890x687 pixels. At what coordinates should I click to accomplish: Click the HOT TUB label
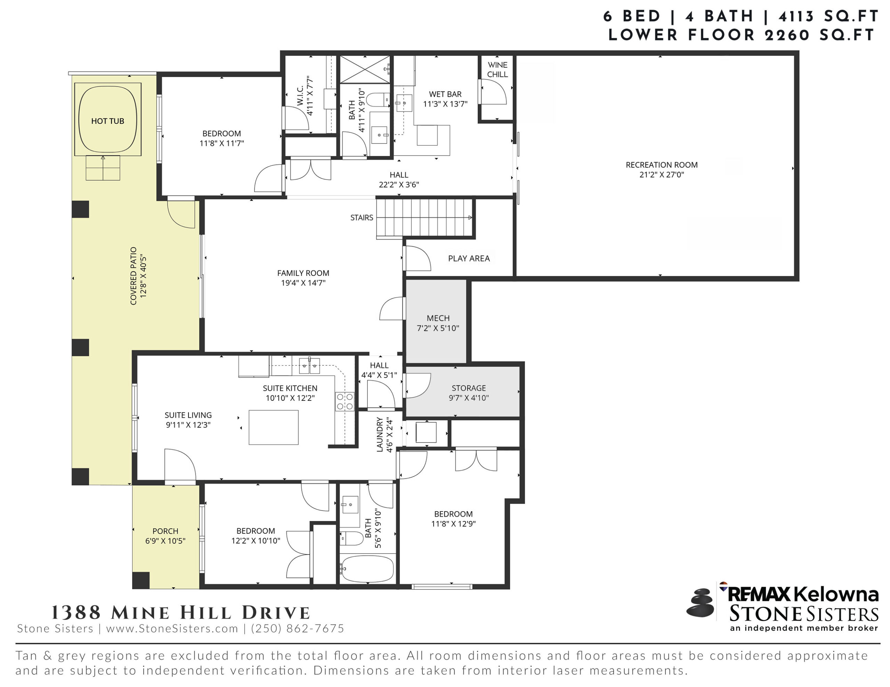click(x=107, y=121)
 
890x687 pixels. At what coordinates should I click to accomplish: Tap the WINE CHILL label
click(x=497, y=69)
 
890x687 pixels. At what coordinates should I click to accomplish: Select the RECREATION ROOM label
click(x=661, y=165)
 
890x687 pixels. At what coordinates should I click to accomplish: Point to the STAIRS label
click(x=362, y=218)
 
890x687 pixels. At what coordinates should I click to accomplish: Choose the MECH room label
click(x=438, y=318)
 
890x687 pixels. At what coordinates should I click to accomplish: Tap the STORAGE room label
click(x=469, y=388)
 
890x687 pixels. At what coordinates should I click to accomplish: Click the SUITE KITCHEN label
click(x=290, y=388)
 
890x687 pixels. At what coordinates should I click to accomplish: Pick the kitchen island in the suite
click(x=274, y=427)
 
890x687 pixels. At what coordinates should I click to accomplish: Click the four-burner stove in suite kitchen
click(x=344, y=401)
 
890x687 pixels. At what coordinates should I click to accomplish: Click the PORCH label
click(x=165, y=531)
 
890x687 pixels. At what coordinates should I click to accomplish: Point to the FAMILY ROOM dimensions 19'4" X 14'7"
click(x=303, y=283)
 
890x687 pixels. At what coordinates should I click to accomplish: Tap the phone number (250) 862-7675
click(x=298, y=628)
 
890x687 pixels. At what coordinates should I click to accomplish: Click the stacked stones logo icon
click(x=700, y=602)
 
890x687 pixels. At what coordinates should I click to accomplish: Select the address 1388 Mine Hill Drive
click(x=180, y=612)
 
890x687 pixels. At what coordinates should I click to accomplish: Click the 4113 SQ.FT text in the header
click(x=828, y=16)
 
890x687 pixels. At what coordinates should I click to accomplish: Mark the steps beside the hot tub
click(x=103, y=168)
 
